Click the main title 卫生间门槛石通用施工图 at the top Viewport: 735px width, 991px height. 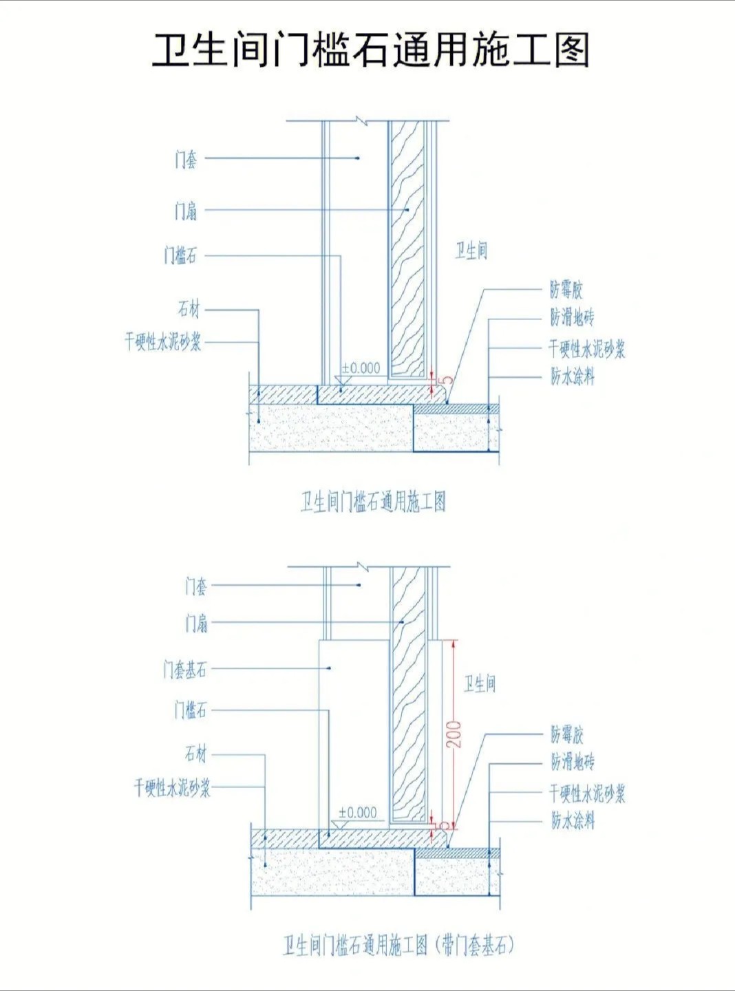370,50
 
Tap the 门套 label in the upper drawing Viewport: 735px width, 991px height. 186,160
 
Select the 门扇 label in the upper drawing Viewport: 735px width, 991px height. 186,211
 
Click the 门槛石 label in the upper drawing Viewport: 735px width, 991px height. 180,256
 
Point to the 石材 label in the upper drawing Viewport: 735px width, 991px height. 189,310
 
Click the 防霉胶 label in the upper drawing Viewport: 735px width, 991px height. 566,289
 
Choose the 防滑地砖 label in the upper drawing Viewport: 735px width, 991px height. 572,317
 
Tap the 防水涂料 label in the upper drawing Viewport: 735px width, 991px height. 572,376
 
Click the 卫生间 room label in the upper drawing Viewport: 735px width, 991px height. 471,251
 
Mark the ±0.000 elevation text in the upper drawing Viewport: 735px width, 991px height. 361,368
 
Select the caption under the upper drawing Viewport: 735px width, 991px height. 373,502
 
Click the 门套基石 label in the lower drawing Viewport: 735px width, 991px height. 184,669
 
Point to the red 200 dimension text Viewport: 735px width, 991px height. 454,734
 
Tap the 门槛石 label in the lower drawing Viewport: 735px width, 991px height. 190,710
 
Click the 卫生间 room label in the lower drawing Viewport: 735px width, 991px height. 480,683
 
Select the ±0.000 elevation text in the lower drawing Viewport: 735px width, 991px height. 358,813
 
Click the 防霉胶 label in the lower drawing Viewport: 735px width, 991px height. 566,735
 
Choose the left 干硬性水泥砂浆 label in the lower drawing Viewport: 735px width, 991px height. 172,787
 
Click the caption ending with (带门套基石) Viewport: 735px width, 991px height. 398,946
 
